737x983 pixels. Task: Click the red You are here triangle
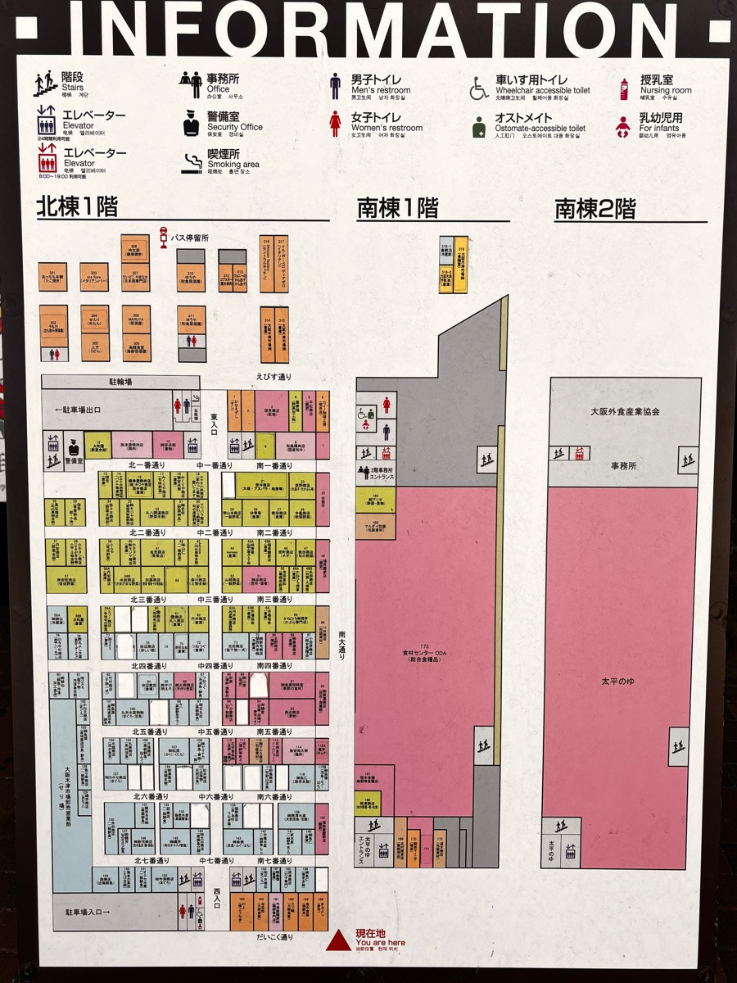pos(338,940)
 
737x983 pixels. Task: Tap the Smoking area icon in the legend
pos(192,161)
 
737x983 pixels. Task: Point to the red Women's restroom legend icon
pos(335,124)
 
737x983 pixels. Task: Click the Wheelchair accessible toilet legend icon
pos(479,87)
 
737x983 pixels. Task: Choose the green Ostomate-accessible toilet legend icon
pos(479,125)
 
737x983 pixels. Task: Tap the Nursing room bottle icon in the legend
pos(624,88)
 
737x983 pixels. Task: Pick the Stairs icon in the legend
pos(43,84)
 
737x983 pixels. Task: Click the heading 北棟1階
pos(77,207)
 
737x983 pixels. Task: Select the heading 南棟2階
pos(595,209)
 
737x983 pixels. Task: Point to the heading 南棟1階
pos(397,209)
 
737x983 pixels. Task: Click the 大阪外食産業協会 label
pos(625,412)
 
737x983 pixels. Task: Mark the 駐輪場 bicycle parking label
pos(120,382)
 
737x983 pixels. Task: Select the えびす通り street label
pos(274,376)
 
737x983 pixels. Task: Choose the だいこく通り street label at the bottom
pos(274,936)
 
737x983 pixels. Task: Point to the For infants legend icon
pos(624,125)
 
